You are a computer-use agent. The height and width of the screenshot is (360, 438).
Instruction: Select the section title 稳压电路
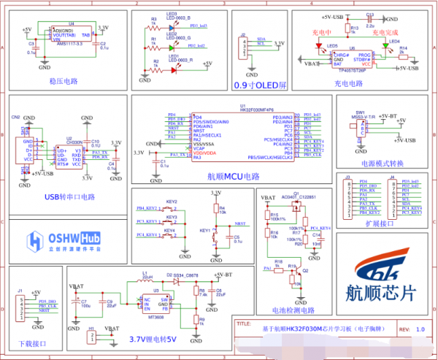64,81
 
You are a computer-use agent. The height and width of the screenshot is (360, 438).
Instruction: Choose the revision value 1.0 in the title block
420,330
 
